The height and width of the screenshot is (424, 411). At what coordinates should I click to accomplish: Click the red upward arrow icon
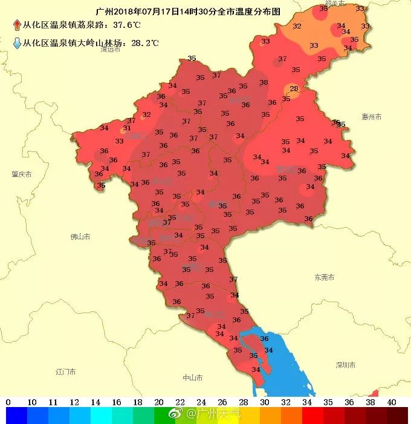(x=17, y=25)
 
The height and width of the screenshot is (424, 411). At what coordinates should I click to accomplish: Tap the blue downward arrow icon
(x=17, y=43)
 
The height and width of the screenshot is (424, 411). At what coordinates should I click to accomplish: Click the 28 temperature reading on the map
(x=294, y=89)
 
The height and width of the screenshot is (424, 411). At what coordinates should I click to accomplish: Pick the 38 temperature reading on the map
(x=264, y=82)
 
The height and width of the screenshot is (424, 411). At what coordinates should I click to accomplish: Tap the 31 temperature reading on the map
(x=127, y=128)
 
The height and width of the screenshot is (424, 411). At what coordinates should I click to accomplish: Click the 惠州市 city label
(x=371, y=116)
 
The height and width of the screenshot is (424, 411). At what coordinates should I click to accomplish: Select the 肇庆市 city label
(x=21, y=174)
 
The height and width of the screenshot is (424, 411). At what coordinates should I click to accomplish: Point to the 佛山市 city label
(x=80, y=236)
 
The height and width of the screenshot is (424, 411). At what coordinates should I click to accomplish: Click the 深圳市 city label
(x=345, y=365)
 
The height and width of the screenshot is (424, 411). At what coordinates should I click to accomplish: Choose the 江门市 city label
(x=65, y=370)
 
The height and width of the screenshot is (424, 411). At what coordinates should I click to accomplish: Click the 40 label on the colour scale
(x=392, y=402)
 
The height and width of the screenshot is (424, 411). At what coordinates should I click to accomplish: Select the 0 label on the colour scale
(x=8, y=402)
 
